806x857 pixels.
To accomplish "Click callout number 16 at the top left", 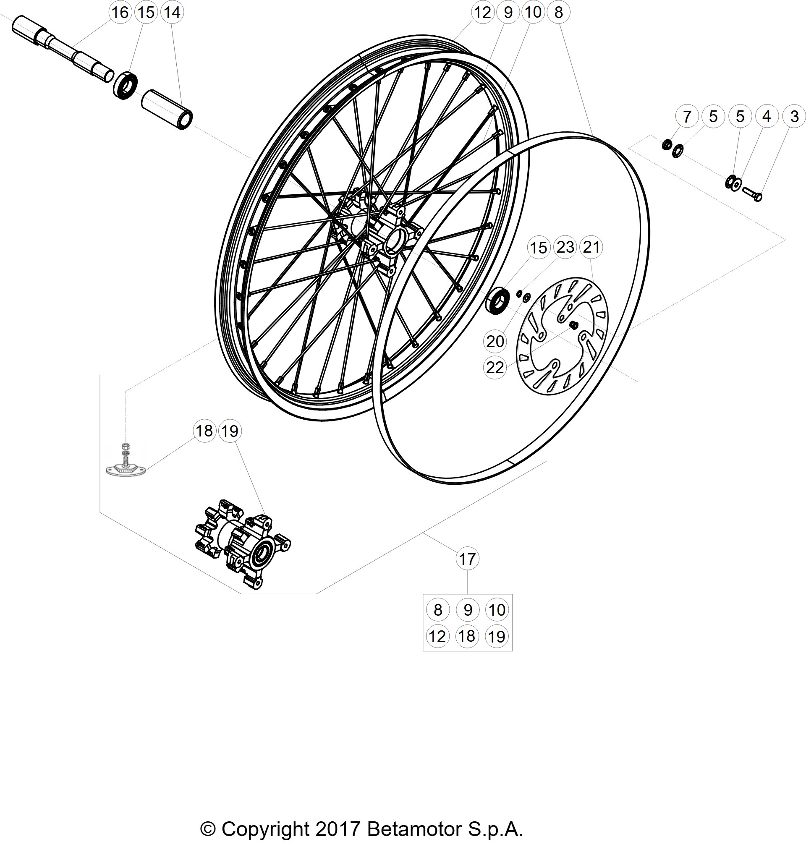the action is click(120, 12).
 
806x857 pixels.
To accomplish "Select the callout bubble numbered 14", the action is click(172, 12).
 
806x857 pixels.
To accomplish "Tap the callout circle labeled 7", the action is click(687, 116).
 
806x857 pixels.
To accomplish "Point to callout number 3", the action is click(794, 116).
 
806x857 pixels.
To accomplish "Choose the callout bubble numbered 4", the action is click(766, 116).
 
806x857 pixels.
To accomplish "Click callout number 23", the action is click(565, 247).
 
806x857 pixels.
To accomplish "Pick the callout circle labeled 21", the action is click(591, 247).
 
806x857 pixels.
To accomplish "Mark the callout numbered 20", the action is click(495, 342).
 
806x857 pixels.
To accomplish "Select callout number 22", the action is click(495, 367).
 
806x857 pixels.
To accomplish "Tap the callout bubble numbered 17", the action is click(467, 559).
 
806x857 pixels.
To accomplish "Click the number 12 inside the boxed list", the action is click(438, 636).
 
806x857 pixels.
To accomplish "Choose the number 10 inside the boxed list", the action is click(497, 609).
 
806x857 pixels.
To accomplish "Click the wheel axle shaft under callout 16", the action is click(63, 50).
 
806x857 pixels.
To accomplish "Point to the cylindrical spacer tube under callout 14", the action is click(167, 110).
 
